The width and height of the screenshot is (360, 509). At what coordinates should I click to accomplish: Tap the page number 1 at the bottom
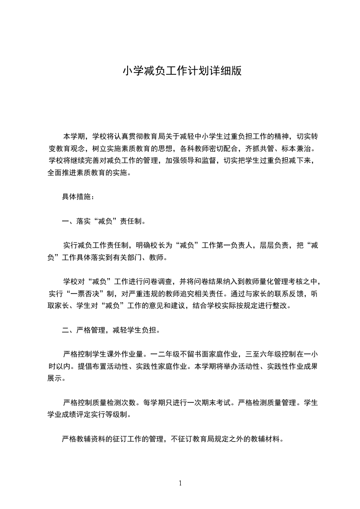pyautogui.click(x=180, y=483)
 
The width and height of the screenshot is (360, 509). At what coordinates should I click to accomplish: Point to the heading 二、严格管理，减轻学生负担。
pyautogui.click(x=110, y=330)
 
